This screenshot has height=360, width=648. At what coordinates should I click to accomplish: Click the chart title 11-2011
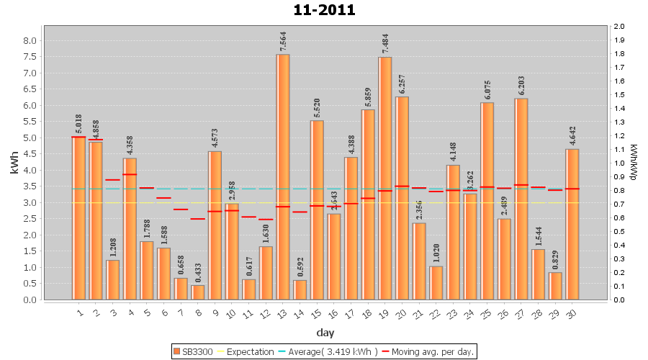[x=324, y=10]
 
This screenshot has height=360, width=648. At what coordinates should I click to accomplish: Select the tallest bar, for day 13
[x=283, y=176]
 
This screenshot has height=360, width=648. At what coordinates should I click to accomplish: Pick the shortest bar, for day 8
[x=198, y=292]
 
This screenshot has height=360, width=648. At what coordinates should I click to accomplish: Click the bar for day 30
[x=572, y=224]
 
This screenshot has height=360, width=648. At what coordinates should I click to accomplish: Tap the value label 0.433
[x=198, y=273]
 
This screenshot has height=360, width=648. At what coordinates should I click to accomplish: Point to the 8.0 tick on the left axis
[x=30, y=40]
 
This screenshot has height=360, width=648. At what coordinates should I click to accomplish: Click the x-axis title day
[x=325, y=333]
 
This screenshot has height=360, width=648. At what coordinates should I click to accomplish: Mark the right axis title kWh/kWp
[x=633, y=163]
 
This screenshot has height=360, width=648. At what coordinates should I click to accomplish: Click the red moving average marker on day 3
[x=113, y=180]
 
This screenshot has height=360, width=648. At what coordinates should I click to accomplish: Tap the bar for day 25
[x=487, y=201]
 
